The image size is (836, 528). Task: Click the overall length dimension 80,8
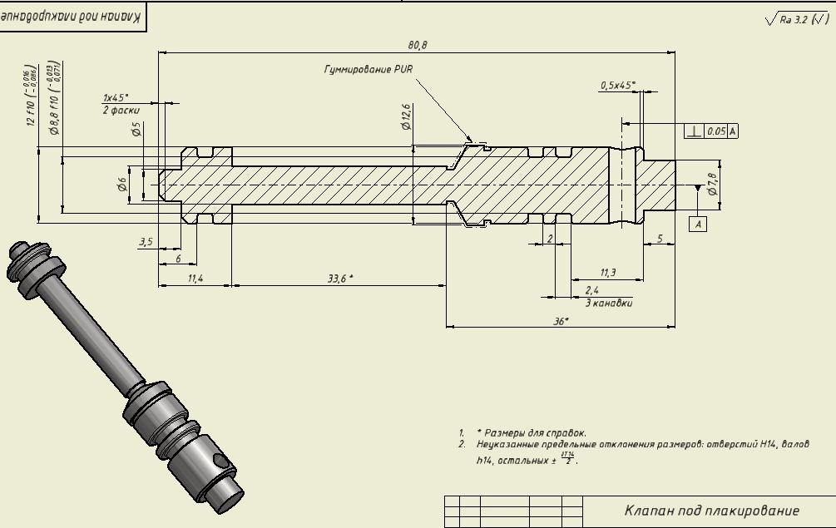click(417, 45)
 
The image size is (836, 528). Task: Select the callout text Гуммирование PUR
click(368, 70)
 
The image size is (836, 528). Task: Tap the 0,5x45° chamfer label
click(617, 85)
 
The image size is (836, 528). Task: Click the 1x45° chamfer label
click(116, 97)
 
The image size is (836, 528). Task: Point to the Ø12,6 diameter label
click(406, 116)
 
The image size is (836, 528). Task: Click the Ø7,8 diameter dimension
click(712, 185)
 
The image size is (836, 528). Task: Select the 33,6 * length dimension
click(339, 279)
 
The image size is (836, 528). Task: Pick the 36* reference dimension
click(561, 321)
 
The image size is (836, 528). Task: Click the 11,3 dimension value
click(608, 273)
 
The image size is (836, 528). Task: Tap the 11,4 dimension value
click(195, 279)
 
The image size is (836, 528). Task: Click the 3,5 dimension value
click(146, 242)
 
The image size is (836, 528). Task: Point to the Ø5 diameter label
click(136, 129)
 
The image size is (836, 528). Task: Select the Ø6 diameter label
click(121, 185)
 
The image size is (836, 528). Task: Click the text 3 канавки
click(608, 303)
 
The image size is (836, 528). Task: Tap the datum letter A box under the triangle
click(698, 224)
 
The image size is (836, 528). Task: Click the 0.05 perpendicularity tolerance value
click(715, 131)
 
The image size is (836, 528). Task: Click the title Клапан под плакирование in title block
click(711, 511)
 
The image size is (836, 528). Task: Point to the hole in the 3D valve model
click(220, 460)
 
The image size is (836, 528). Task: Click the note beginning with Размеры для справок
click(532, 433)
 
